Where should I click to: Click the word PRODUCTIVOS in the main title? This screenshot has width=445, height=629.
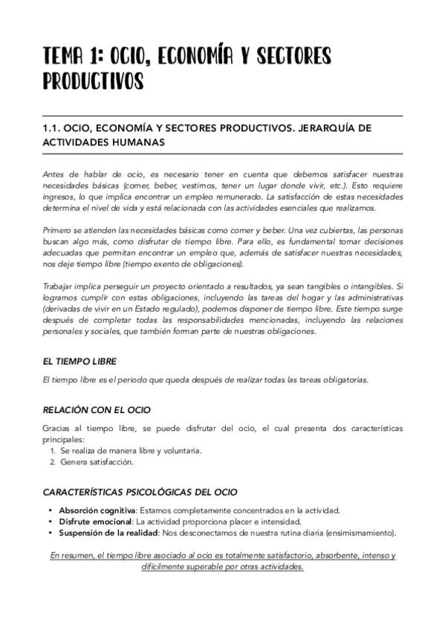tap(94, 80)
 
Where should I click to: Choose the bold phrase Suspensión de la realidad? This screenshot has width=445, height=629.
tap(107, 533)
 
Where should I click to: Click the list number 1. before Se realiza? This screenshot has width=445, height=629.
tap(53, 451)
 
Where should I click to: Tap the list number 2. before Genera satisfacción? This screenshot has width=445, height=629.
tap(53, 462)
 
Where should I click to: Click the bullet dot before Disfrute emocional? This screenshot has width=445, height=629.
tap(51, 521)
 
